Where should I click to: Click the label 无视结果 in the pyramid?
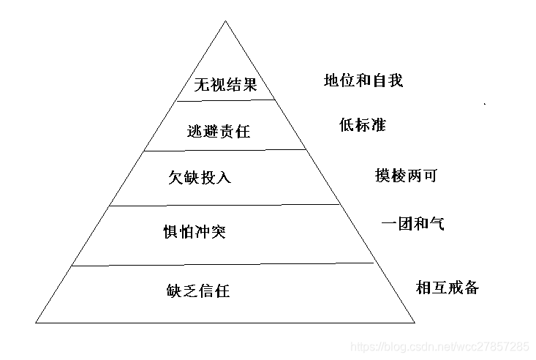(x=226, y=85)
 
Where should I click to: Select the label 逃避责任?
(x=219, y=131)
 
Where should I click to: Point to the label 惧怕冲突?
(x=195, y=233)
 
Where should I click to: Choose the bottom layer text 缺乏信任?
(x=198, y=291)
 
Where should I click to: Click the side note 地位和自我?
(x=363, y=80)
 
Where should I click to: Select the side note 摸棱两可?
(x=405, y=176)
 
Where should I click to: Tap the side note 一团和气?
(x=413, y=223)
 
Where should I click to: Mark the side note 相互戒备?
(x=448, y=287)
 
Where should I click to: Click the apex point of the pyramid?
(x=226, y=21)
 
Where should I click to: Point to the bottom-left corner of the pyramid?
(x=37, y=321)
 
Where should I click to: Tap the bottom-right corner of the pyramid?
(x=415, y=321)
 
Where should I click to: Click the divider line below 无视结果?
(x=226, y=100)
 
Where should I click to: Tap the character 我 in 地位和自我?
(x=395, y=80)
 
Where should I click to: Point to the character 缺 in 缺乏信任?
(x=173, y=291)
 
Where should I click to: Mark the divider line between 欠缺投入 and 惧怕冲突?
(x=226, y=206)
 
